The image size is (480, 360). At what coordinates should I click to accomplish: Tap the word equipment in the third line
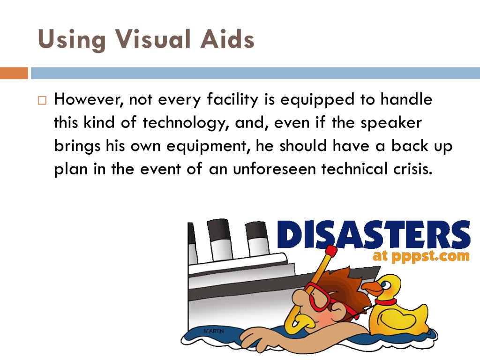click(x=205, y=146)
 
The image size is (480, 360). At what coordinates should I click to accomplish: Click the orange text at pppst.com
click(x=420, y=256)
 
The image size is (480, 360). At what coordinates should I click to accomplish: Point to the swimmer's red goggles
click(x=319, y=298)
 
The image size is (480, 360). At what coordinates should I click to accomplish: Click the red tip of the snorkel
click(x=331, y=251)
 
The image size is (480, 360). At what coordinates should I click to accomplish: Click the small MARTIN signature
click(x=214, y=332)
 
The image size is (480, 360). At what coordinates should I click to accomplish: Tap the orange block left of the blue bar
click(x=14, y=74)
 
